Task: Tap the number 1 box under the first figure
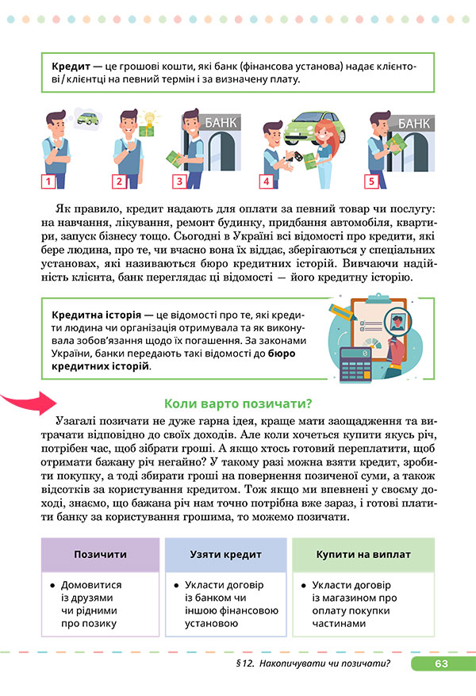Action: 48,182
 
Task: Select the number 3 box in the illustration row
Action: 179,182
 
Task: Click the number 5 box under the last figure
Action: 370,182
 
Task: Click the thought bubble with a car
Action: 87,119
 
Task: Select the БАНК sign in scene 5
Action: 413,124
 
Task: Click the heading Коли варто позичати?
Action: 236,402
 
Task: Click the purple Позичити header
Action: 100,554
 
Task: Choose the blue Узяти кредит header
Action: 225,554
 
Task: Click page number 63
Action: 442,663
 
